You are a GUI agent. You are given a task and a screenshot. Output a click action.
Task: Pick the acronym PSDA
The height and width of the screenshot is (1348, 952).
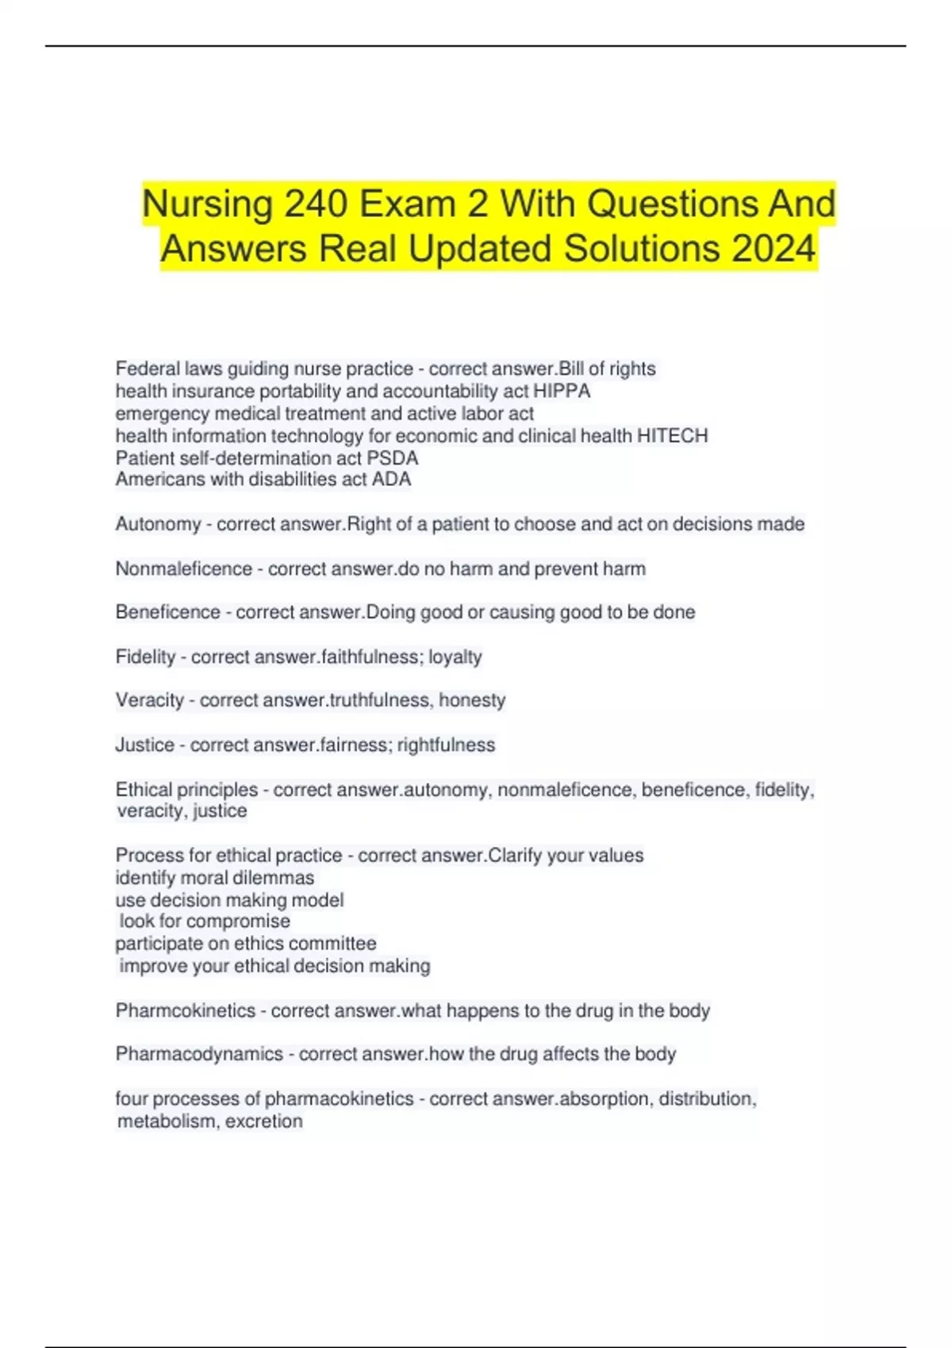click(x=392, y=458)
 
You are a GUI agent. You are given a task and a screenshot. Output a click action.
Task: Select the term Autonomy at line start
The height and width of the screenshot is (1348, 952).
click(x=158, y=524)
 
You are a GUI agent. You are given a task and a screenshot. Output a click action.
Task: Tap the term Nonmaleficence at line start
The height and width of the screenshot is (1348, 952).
click(x=183, y=569)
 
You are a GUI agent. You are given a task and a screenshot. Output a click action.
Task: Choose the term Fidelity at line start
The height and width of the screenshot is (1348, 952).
click(x=145, y=657)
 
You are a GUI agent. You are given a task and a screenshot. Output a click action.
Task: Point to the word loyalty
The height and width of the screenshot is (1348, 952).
click(x=455, y=657)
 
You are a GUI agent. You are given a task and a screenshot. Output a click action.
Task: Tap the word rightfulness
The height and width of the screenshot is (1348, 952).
click(x=446, y=745)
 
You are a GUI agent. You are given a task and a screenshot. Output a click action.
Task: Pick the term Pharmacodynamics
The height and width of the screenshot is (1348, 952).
click(x=199, y=1054)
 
